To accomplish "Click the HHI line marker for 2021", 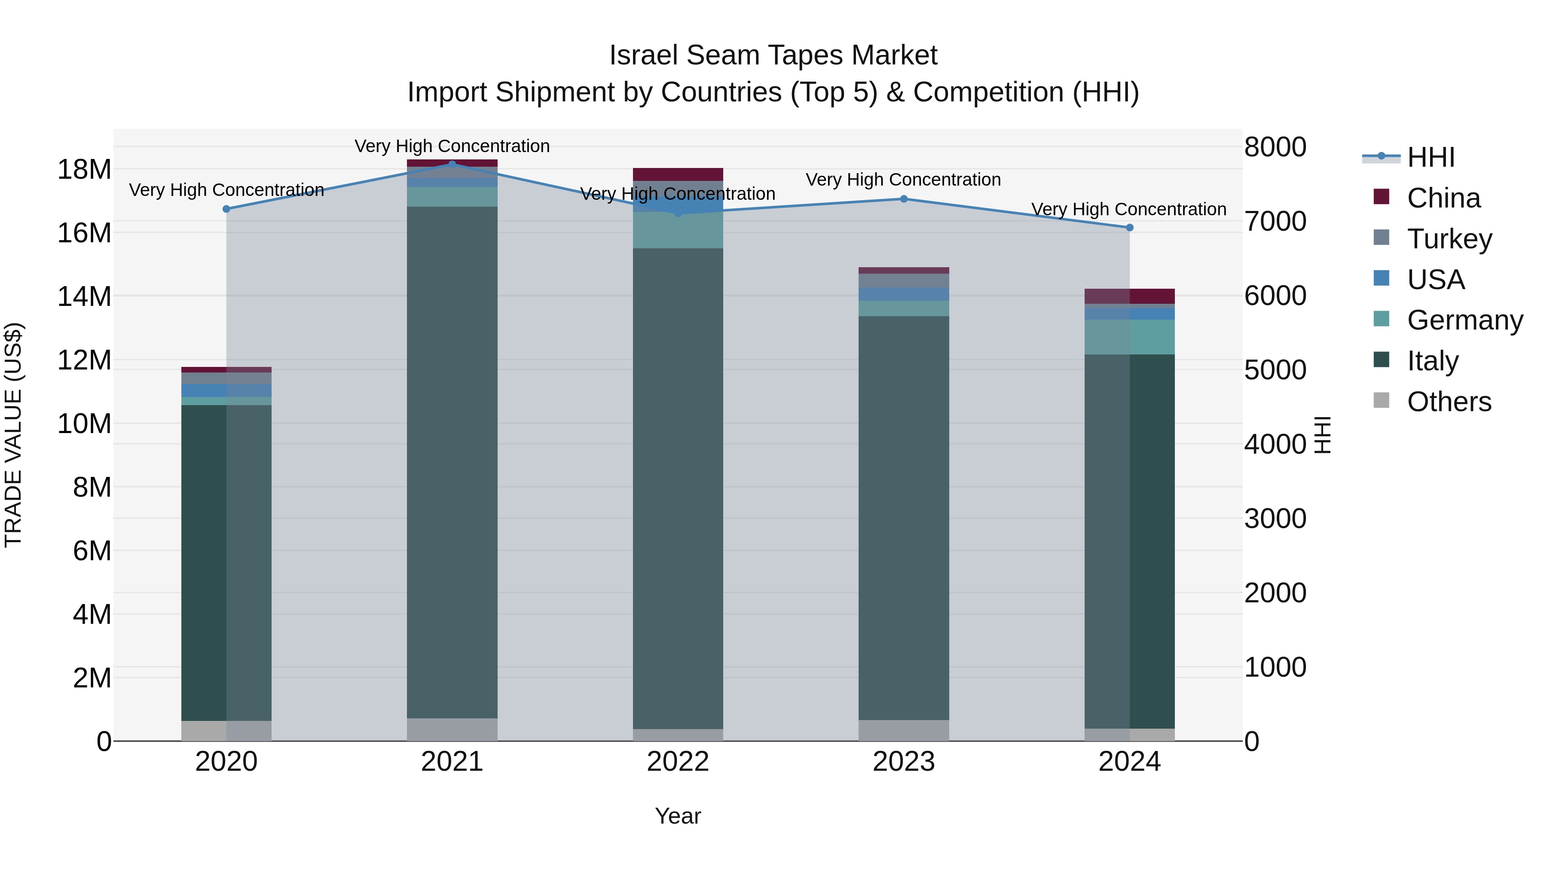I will tap(452, 164).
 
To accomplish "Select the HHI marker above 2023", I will tap(904, 199).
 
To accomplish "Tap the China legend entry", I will tap(1443, 198).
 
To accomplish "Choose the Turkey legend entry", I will tap(1449, 239).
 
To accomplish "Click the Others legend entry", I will tap(1449, 402).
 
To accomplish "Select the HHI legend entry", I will tap(1431, 157).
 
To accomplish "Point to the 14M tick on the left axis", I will tap(84, 296).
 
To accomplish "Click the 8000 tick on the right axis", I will tap(1275, 147).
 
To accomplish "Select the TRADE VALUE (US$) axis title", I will tap(13, 435).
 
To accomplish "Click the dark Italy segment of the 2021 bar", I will tap(452, 462).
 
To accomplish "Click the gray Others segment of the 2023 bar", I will tap(904, 730).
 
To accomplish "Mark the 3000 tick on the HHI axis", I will tap(1275, 519).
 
